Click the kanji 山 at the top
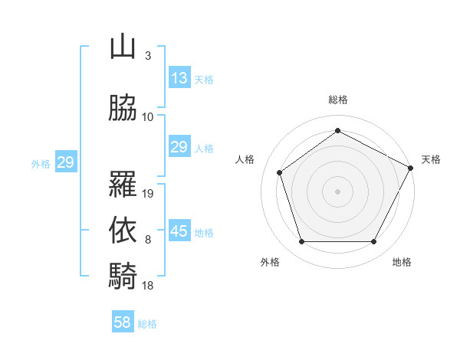click(123, 47)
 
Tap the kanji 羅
click(123, 185)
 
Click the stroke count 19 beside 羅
click(149, 194)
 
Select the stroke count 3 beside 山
click(147, 56)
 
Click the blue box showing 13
click(179, 78)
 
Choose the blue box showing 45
click(179, 231)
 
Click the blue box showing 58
click(122, 322)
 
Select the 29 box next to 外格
click(65, 162)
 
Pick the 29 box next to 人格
click(179, 147)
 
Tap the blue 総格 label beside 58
click(147, 324)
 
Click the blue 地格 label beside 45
click(204, 232)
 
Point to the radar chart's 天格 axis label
click(431, 159)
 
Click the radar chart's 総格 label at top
click(337, 100)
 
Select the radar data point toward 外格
click(301, 242)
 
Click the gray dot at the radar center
click(337, 191)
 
